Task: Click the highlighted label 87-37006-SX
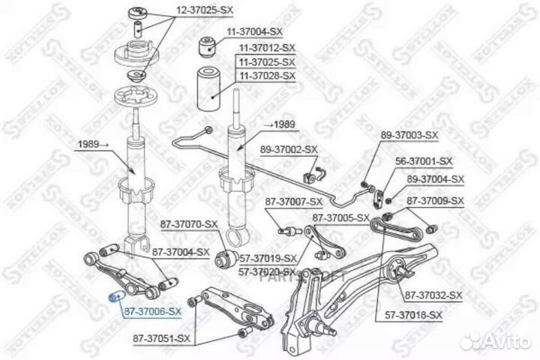[152, 310]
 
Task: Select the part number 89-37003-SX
[409, 134]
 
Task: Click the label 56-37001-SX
[424, 160]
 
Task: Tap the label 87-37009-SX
[436, 200]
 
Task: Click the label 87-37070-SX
[189, 223]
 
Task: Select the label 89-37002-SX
[289, 150]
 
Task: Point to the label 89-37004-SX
[436, 179]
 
